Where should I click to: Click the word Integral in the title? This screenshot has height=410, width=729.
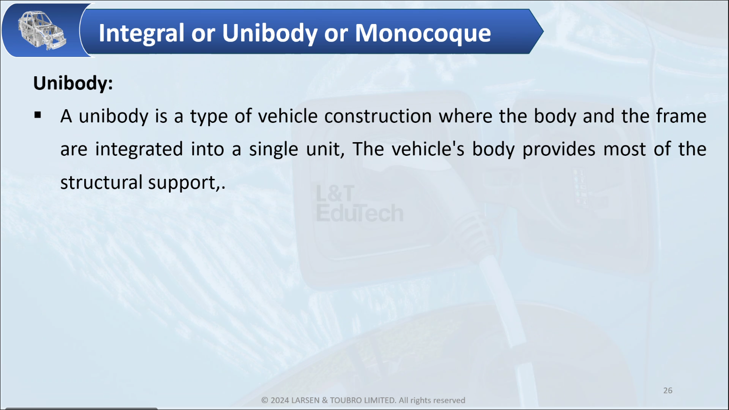pyautogui.click(x=142, y=33)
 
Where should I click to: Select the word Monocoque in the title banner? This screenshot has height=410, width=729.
pyautogui.click(x=423, y=33)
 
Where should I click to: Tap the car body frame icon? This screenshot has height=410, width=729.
pyautogui.click(x=42, y=30)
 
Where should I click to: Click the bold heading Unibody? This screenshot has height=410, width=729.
pyautogui.click(x=73, y=83)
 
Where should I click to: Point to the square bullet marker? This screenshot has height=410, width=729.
pyautogui.click(x=38, y=115)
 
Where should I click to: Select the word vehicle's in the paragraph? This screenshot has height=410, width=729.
pyautogui.click(x=428, y=149)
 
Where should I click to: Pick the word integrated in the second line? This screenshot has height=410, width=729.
pyautogui.click(x=139, y=150)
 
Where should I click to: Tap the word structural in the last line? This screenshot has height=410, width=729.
pyautogui.click(x=102, y=182)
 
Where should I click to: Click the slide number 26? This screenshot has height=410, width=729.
pyautogui.click(x=668, y=391)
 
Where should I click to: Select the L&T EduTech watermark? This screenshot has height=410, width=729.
pyautogui.click(x=360, y=203)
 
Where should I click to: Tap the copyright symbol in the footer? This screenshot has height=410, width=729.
pyautogui.click(x=265, y=400)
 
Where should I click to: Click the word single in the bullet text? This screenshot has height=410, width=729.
pyautogui.click(x=273, y=150)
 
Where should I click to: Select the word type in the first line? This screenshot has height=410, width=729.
pyautogui.click(x=209, y=117)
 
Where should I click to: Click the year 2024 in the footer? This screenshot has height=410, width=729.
pyautogui.click(x=280, y=400)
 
